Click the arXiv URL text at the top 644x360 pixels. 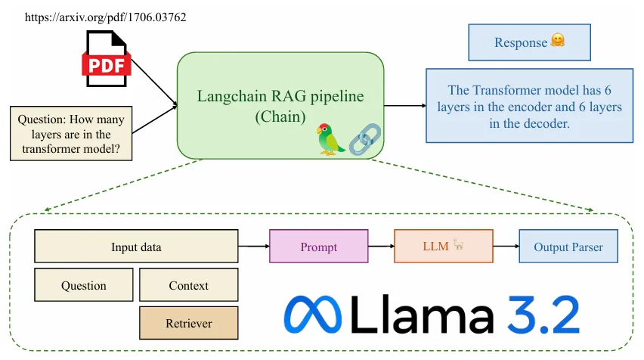pos(106,16)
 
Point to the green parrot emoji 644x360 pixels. pos(330,138)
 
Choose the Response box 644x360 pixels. pos(528,42)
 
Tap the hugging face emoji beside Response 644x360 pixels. pos(558,42)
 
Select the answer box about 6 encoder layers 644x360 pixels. pos(528,106)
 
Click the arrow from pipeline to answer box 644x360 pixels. pos(404,106)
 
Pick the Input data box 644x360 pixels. pos(136,247)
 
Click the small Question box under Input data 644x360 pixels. pos(83,285)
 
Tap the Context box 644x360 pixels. pos(188,285)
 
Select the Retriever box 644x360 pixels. pos(188,323)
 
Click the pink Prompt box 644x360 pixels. pos(318,247)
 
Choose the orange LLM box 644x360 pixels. pos(443,247)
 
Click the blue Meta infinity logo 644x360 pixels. pos(312,315)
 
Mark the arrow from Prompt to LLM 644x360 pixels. pos(381,247)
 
